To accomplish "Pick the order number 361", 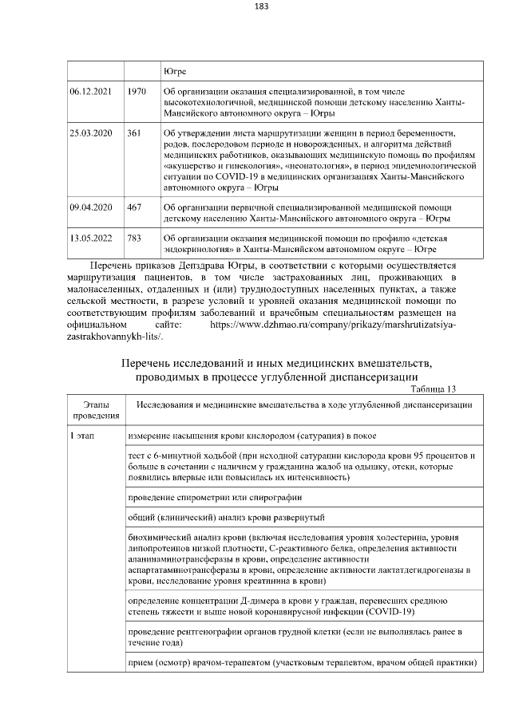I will tap(134, 132).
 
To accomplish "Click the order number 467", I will tap(134, 207).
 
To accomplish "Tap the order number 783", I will tap(134, 239).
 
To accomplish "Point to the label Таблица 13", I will tap(434, 389).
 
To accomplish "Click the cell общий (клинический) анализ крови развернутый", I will tap(226, 518).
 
